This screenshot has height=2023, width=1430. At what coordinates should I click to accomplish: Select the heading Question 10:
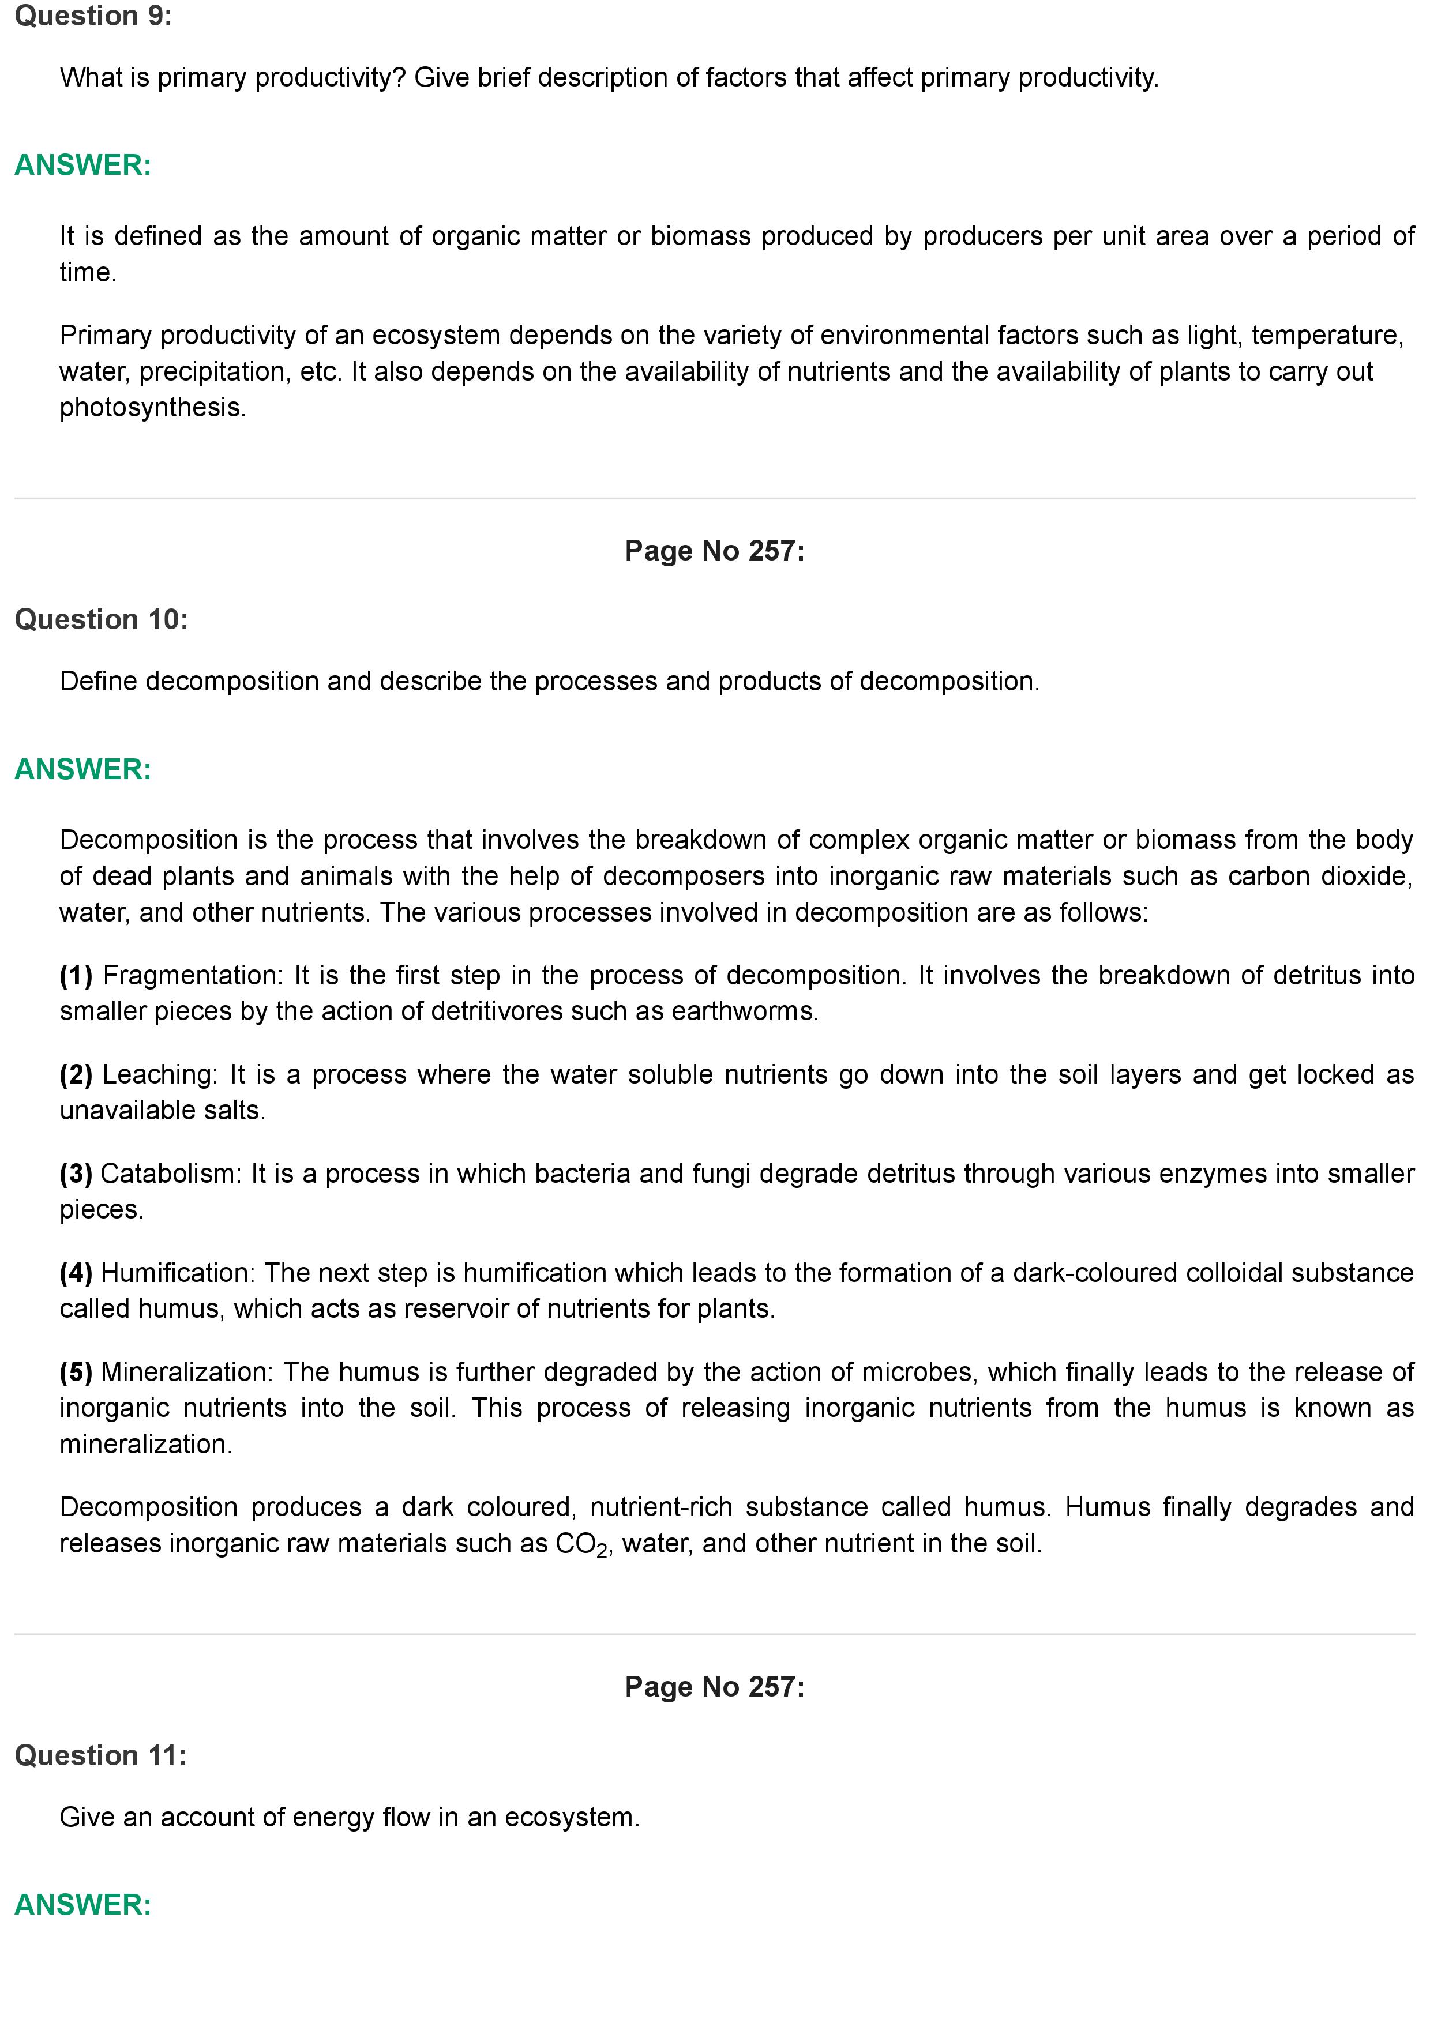click(x=102, y=619)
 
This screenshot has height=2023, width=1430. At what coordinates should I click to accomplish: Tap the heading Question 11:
click(x=100, y=1755)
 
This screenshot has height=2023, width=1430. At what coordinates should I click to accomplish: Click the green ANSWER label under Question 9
click(x=83, y=165)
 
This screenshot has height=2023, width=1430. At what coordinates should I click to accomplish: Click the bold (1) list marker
click(x=76, y=975)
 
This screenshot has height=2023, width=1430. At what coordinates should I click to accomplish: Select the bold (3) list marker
click(x=76, y=1173)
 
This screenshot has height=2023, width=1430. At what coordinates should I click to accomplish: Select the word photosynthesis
click(x=152, y=407)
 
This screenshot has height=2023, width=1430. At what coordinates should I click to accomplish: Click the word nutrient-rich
click(x=661, y=1507)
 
